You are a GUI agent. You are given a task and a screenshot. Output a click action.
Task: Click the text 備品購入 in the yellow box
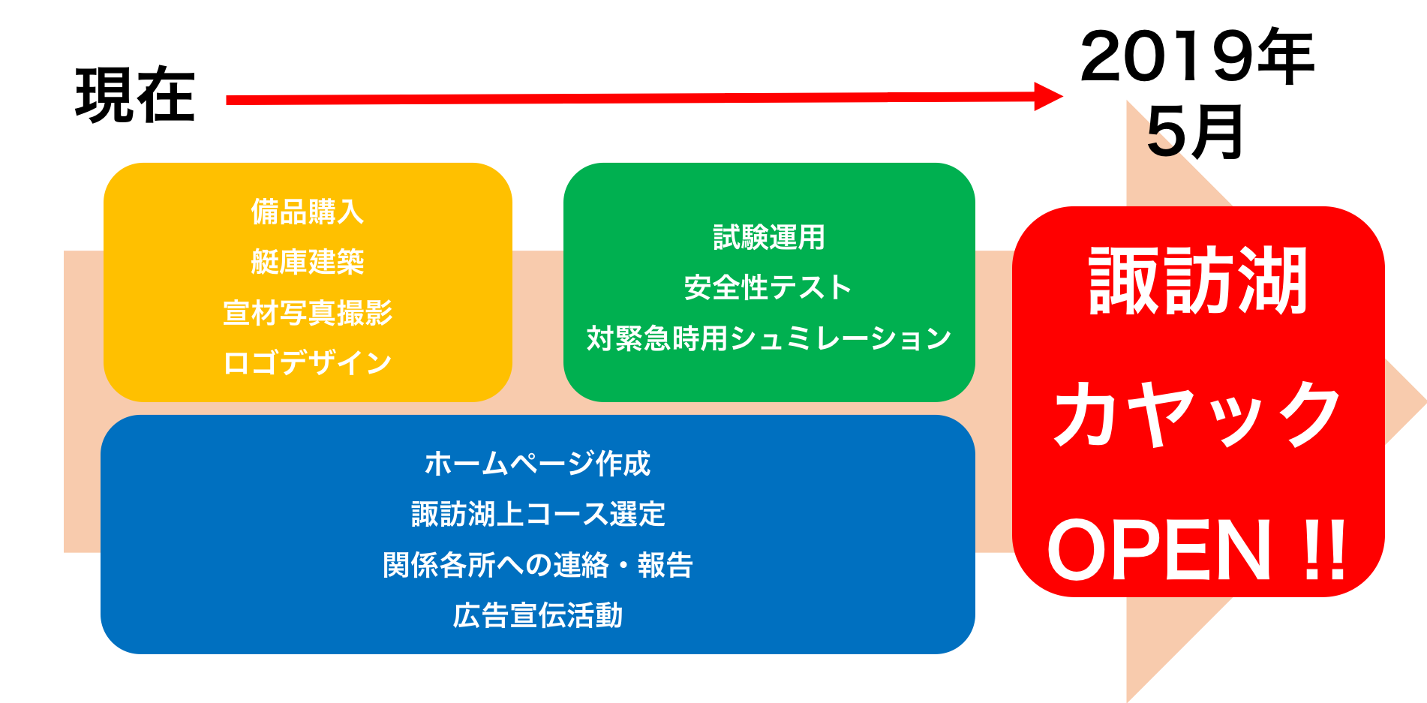pyautogui.click(x=308, y=212)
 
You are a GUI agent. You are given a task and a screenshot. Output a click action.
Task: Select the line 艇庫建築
pyautogui.click(x=308, y=262)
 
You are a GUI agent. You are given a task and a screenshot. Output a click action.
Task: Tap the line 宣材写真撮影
pyautogui.click(x=308, y=313)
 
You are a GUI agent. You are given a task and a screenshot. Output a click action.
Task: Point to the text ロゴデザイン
pyautogui.click(x=308, y=363)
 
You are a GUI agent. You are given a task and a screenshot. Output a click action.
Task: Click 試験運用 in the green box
pyautogui.click(x=769, y=238)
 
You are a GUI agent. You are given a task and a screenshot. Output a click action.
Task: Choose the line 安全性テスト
pyautogui.click(x=768, y=288)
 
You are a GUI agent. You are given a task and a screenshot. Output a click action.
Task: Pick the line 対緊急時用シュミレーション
pyautogui.click(x=769, y=338)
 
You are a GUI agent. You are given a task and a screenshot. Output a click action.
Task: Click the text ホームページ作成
pyautogui.click(x=537, y=464)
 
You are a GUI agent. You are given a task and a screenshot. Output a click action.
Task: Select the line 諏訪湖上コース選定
pyautogui.click(x=538, y=515)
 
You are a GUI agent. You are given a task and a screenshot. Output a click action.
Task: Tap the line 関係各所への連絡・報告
pyautogui.click(x=537, y=565)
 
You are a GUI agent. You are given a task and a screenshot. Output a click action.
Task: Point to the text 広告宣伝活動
pyautogui.click(x=537, y=615)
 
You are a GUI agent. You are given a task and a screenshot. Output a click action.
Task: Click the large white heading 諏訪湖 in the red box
pyautogui.click(x=1198, y=281)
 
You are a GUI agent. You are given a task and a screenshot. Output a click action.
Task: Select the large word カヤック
pyautogui.click(x=1197, y=414)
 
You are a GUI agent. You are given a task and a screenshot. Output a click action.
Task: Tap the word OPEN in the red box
pyautogui.click(x=1159, y=551)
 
